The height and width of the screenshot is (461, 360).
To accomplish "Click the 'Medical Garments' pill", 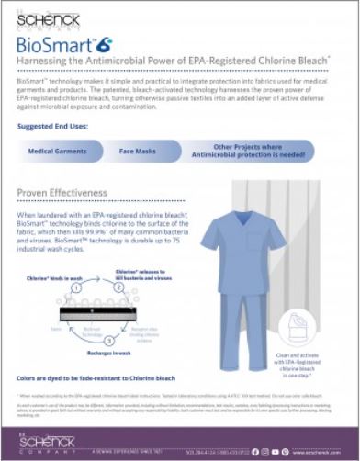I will pyautogui.click(x=58, y=150).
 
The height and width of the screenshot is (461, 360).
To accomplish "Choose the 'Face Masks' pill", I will pyautogui.click(x=138, y=150).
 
